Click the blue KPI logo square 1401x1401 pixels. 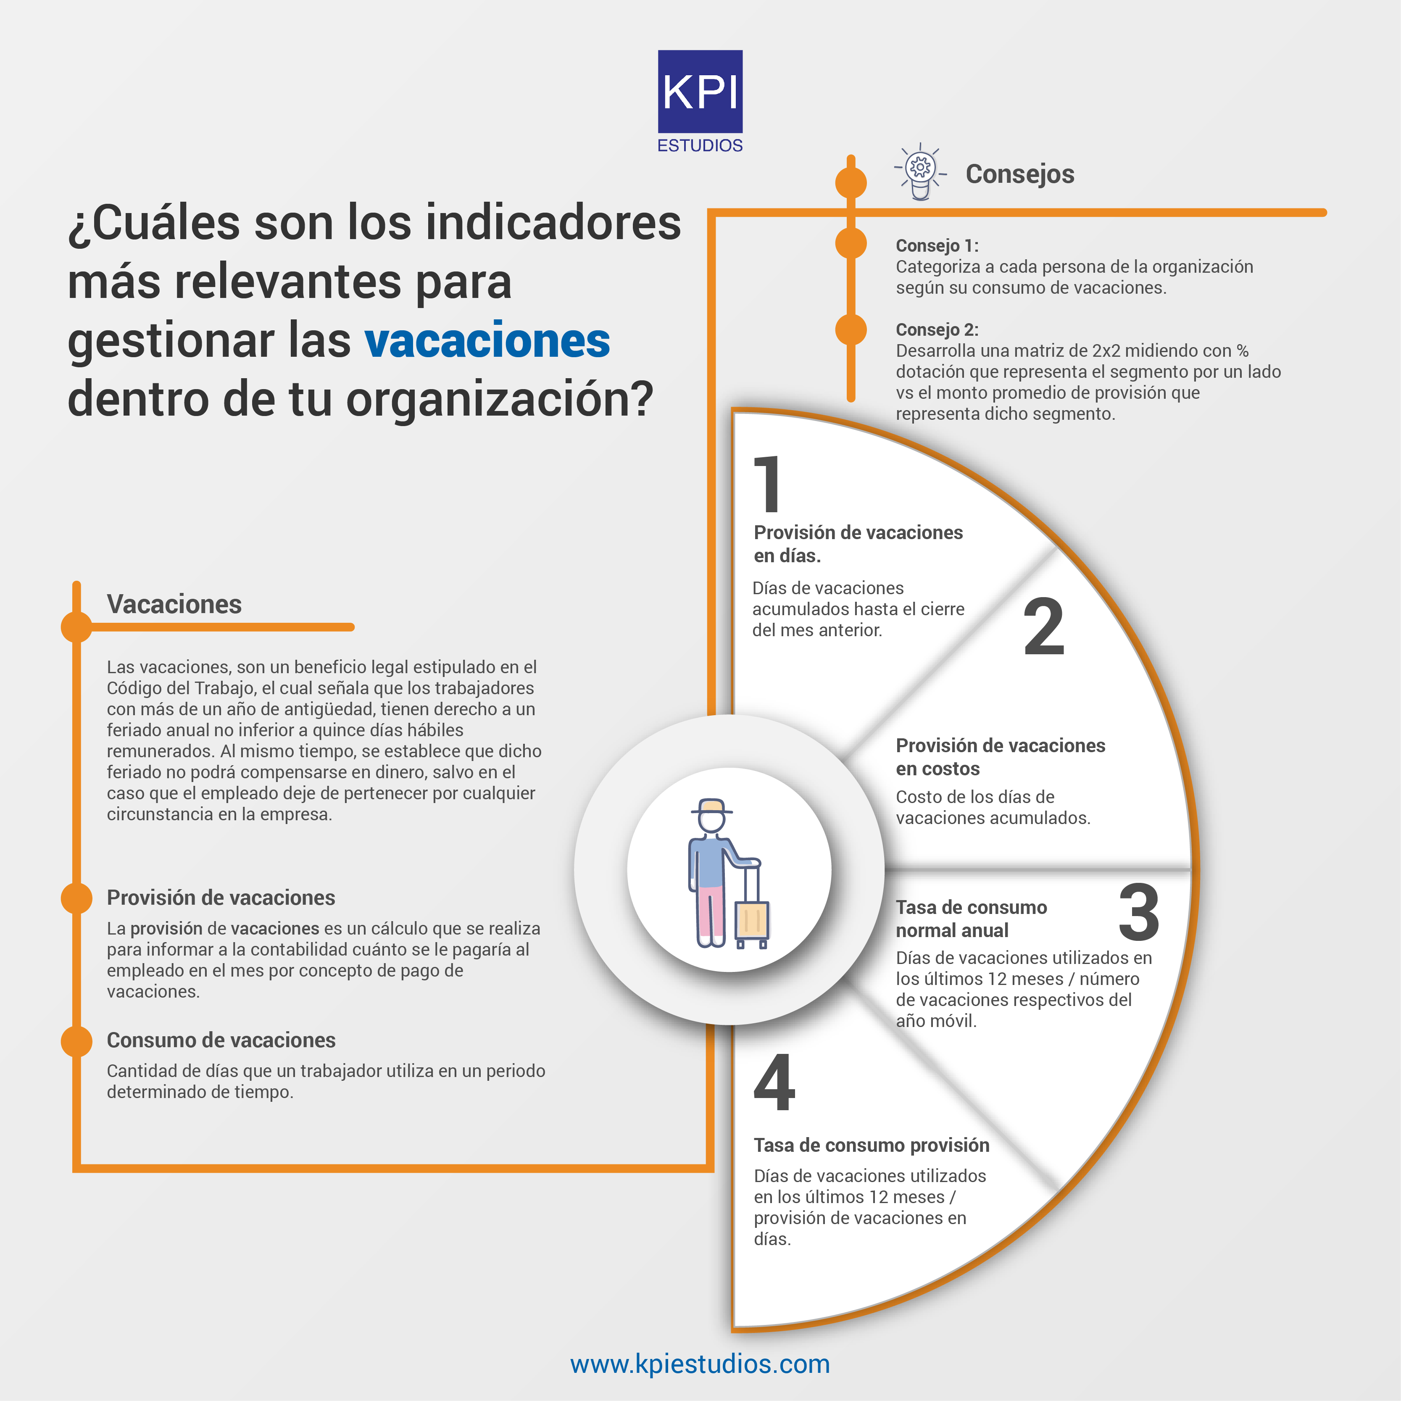coord(700,91)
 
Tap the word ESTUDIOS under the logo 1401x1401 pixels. coord(700,146)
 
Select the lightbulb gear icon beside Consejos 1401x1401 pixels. coord(920,171)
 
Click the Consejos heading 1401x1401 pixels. coord(1019,174)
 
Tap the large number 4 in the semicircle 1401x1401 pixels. coord(774,1082)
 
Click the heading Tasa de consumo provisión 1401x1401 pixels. coord(872,1145)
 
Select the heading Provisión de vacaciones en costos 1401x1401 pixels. coord(1001,757)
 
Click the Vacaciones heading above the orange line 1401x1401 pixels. coord(174,604)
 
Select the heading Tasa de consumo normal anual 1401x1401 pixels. coord(972,919)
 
